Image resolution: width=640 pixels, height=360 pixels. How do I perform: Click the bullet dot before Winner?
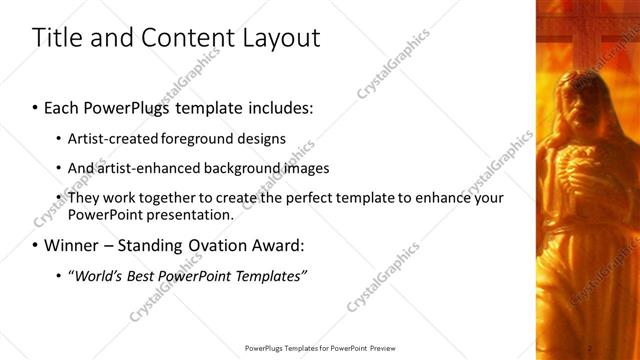[x=36, y=244]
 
